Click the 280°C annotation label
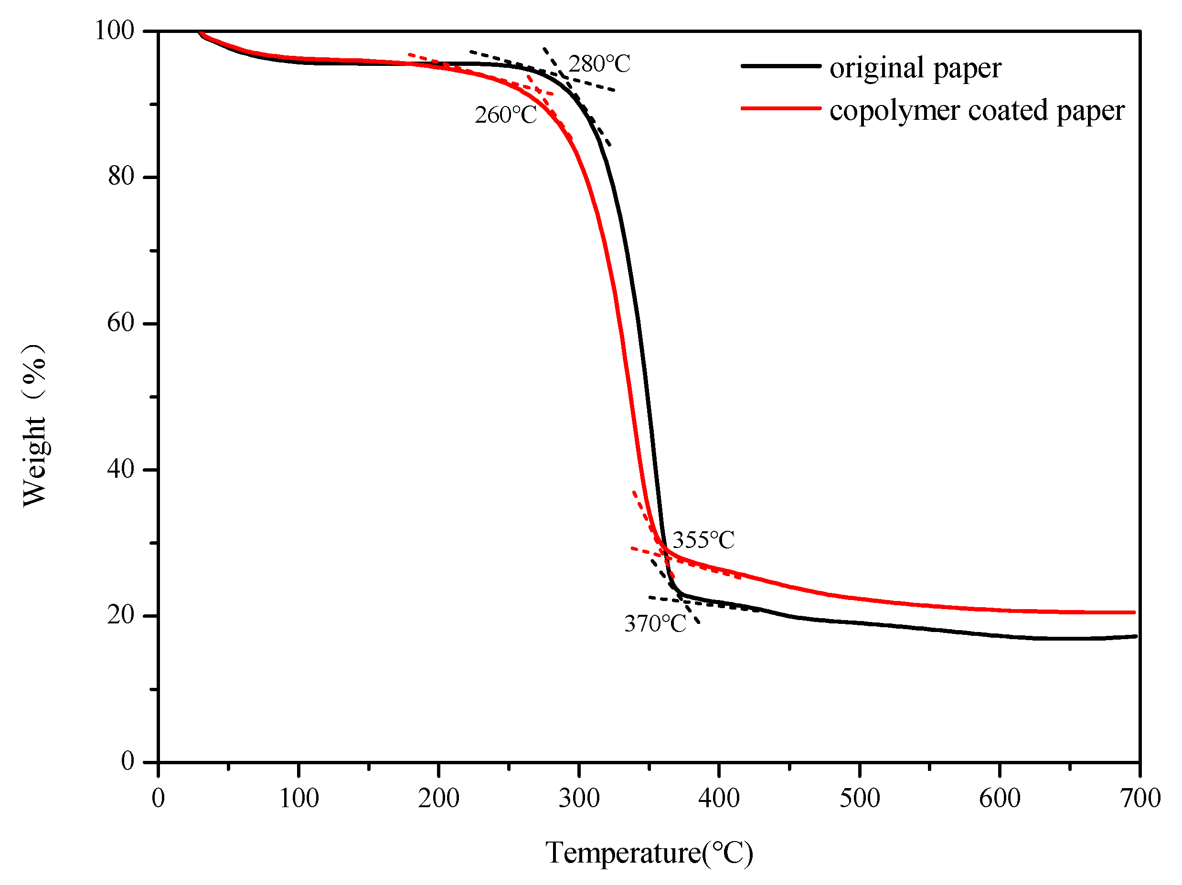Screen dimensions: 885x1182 point(599,64)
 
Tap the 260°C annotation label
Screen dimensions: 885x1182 point(505,116)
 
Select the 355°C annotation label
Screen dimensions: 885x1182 point(703,540)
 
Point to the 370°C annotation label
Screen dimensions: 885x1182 point(655,624)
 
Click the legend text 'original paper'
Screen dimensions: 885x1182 point(916,68)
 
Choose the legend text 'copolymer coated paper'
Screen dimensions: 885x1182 point(977,111)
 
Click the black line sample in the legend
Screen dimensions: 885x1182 point(781,66)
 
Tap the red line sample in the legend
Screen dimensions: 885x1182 point(781,108)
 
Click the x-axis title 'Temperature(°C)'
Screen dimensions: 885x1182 point(649,853)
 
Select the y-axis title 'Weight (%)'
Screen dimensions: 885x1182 point(35,425)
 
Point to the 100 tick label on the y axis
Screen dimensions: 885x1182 point(114,31)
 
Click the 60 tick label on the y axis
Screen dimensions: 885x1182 point(120,323)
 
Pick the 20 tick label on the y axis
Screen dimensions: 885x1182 point(120,615)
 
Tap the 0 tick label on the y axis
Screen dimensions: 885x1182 point(127,761)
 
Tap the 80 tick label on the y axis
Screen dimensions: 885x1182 point(120,176)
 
